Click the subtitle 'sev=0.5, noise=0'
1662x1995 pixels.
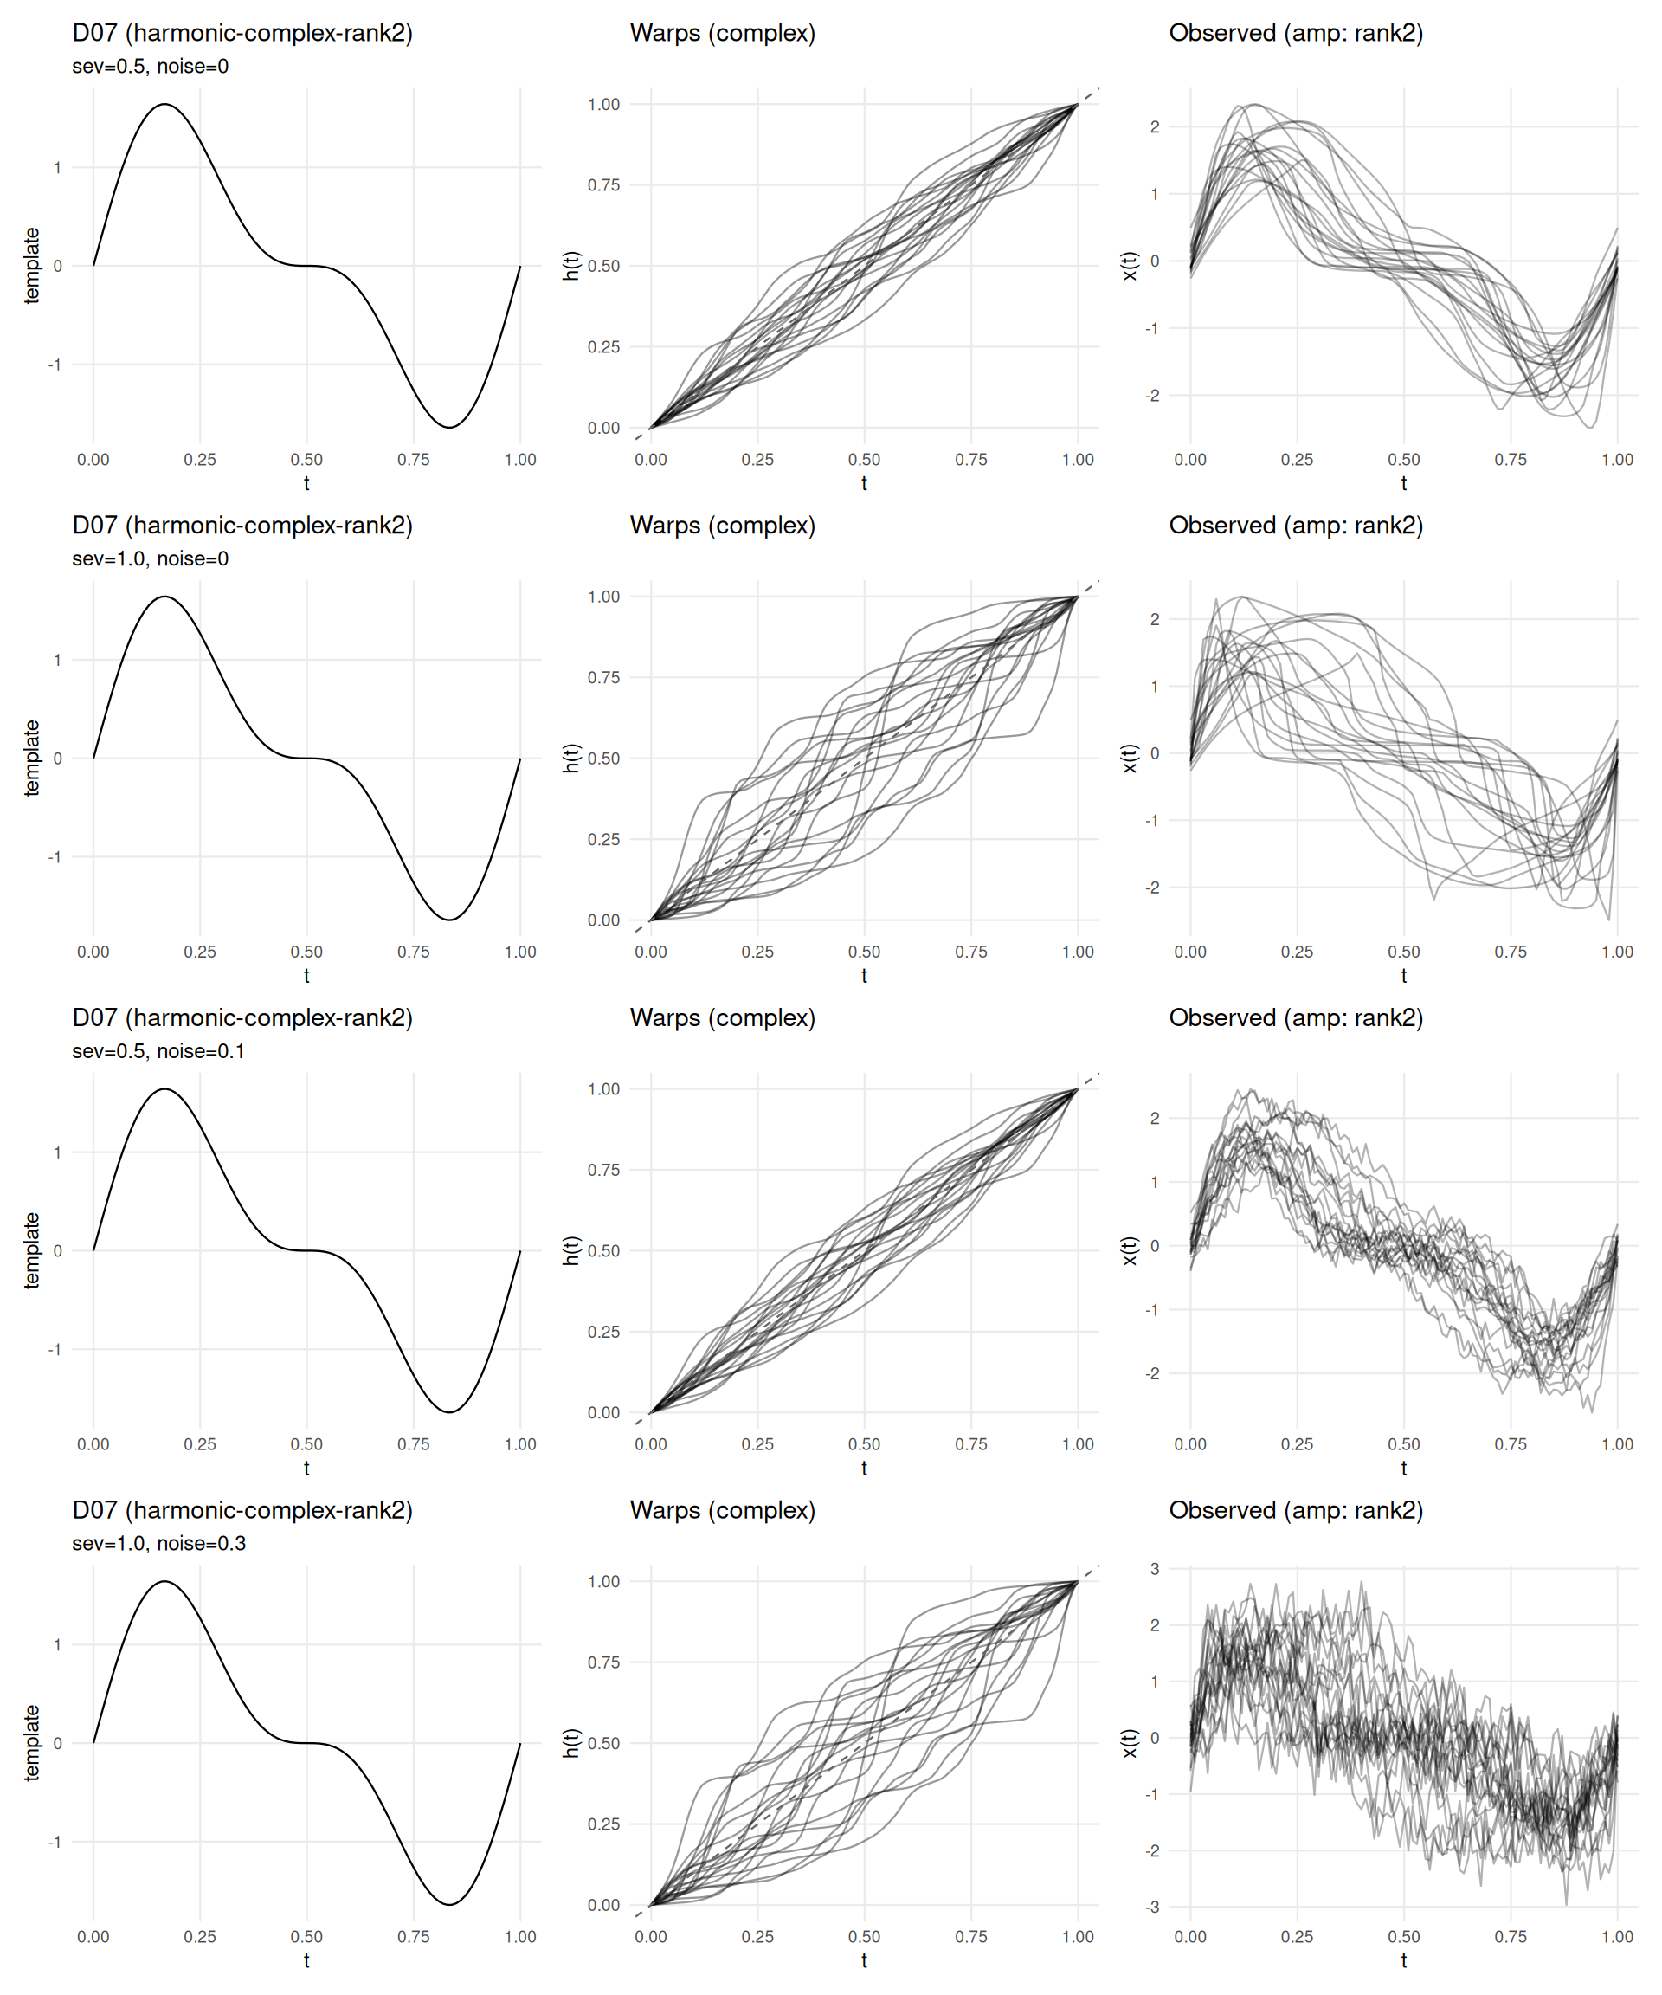pyautogui.click(x=150, y=67)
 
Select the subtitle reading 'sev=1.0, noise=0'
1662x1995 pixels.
pyautogui.click(x=150, y=558)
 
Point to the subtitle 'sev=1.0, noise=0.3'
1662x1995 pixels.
pyautogui.click(x=158, y=1543)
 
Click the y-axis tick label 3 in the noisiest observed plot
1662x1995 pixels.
pyautogui.click(x=1155, y=1568)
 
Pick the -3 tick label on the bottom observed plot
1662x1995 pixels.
pyautogui.click(x=1152, y=1907)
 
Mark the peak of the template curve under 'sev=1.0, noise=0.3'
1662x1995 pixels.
pyautogui.click(x=165, y=1582)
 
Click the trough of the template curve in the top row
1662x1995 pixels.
pyautogui.click(x=449, y=428)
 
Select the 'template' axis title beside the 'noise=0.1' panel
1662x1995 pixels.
pyautogui.click(x=32, y=1250)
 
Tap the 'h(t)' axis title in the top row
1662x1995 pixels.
pyautogui.click(x=570, y=266)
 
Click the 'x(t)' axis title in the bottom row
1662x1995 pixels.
pyautogui.click(x=1130, y=1742)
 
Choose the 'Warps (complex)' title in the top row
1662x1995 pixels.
pyautogui.click(x=722, y=33)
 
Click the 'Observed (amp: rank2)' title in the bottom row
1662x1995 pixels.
pyautogui.click(x=1296, y=1510)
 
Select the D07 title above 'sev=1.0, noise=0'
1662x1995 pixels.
pyautogui.click(x=242, y=526)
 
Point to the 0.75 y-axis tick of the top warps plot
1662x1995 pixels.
pyautogui.click(x=603, y=185)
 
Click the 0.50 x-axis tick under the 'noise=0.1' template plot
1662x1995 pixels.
pyautogui.click(x=306, y=1444)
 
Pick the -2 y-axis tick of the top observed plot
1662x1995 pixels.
pyautogui.click(x=1152, y=395)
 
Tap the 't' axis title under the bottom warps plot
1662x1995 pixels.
pyautogui.click(x=864, y=1959)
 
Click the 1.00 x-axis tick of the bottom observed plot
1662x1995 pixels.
pyautogui.click(x=1617, y=1936)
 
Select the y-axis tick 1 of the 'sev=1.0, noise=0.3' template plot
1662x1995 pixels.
pyautogui.click(x=58, y=1644)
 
